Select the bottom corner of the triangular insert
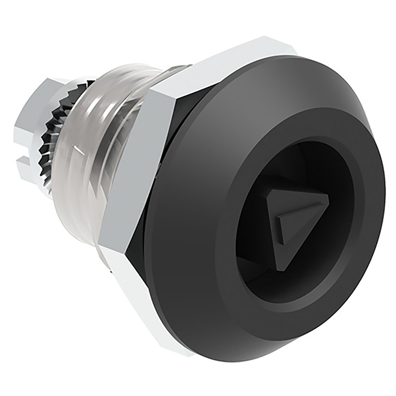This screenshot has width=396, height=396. click(x=281, y=268)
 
